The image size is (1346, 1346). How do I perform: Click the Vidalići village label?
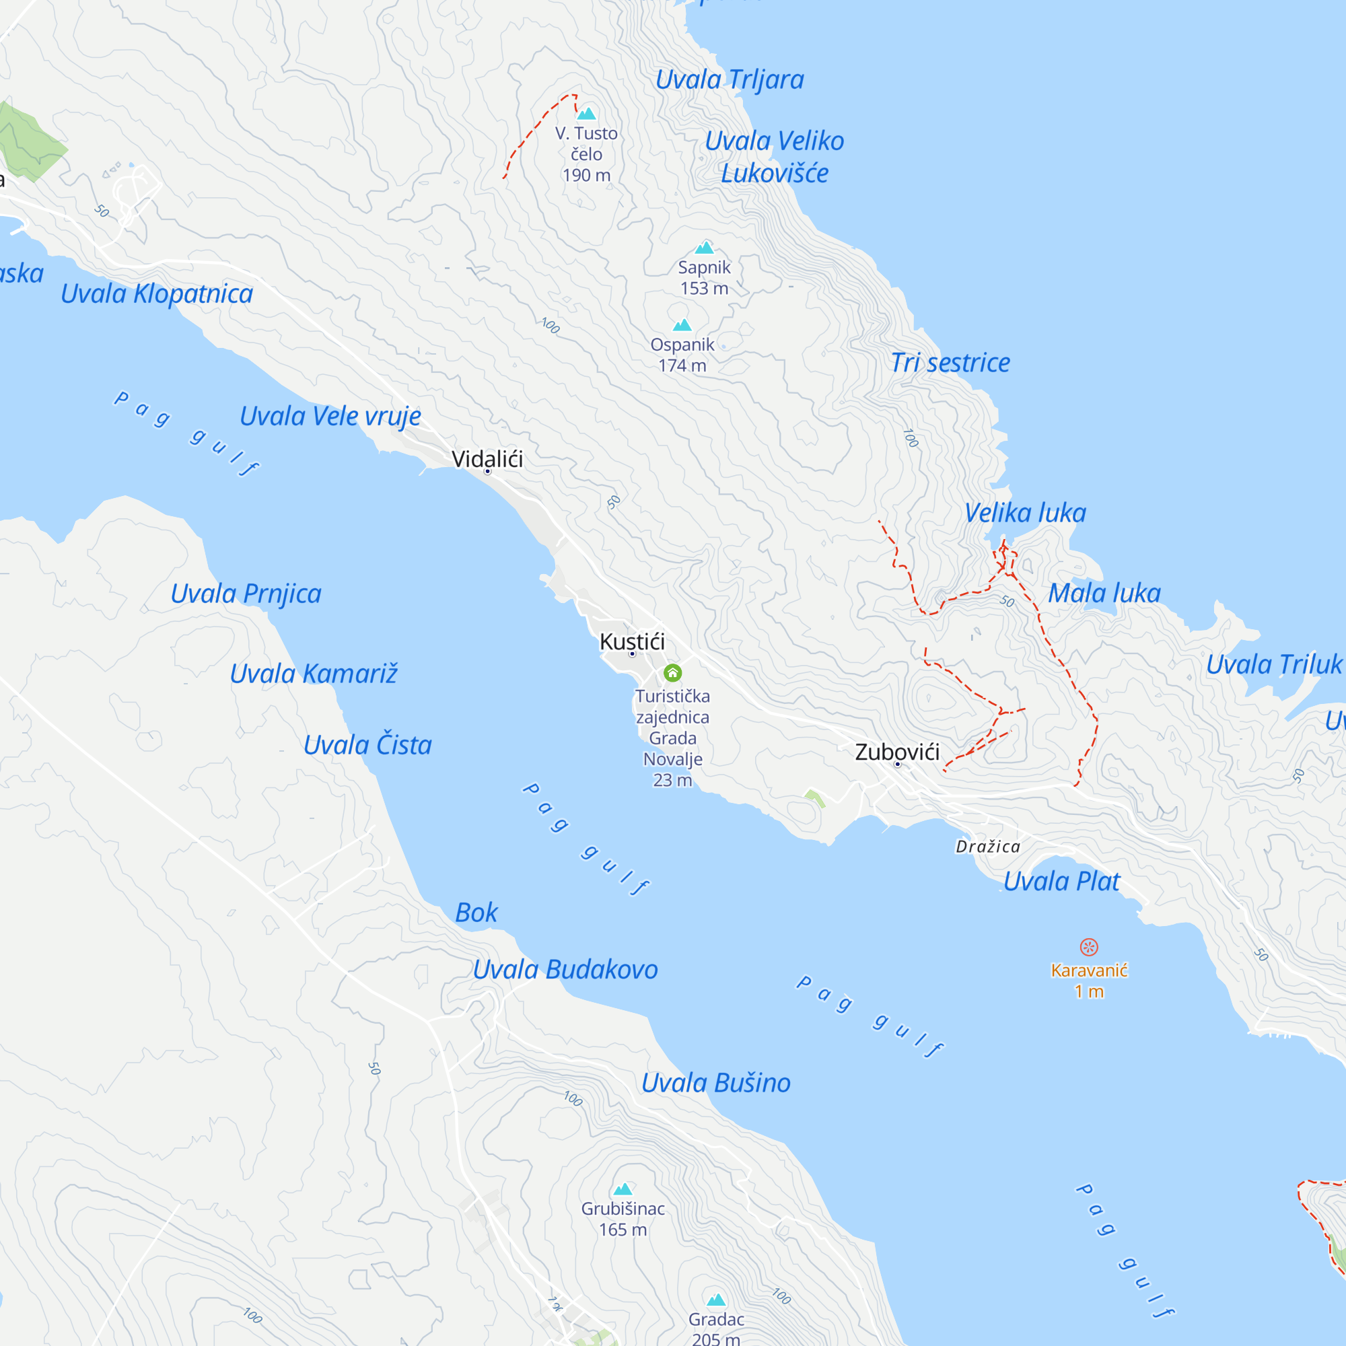(x=487, y=459)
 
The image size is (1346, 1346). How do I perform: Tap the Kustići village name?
(x=632, y=641)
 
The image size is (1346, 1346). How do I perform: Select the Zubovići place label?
(x=897, y=752)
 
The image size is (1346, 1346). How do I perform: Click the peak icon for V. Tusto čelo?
(x=587, y=114)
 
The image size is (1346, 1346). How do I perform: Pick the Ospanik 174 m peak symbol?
(x=682, y=324)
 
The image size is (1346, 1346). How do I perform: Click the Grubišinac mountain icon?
(x=623, y=1189)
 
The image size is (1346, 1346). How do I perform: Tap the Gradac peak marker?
(x=716, y=1300)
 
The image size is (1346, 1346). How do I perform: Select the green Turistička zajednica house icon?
(x=672, y=673)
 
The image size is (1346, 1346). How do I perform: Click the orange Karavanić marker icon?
(x=1089, y=947)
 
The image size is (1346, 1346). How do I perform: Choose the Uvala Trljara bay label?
(x=730, y=79)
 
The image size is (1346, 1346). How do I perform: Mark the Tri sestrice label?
(x=950, y=363)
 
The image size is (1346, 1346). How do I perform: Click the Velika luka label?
(x=1025, y=513)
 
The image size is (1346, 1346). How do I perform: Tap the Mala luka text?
(x=1104, y=594)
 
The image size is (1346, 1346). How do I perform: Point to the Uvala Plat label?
(x=1061, y=882)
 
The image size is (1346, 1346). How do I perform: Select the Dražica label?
(x=988, y=847)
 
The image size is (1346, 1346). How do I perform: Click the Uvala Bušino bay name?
(x=715, y=1084)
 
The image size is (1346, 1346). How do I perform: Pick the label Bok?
(x=476, y=913)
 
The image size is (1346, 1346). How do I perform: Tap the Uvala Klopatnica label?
(x=157, y=294)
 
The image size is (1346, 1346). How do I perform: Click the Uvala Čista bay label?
(x=367, y=746)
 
